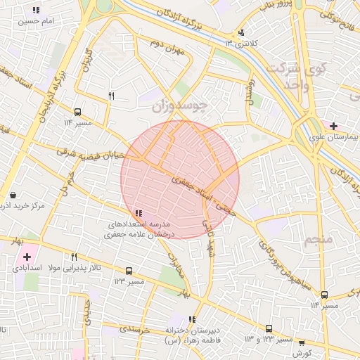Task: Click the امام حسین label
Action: pos(36,22)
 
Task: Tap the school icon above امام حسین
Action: pos(36,11)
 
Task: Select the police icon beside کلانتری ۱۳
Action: pos(242,32)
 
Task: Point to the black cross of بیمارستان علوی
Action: pos(333,126)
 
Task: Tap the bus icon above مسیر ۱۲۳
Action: pos(129,271)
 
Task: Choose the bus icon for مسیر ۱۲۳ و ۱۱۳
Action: pos(269,328)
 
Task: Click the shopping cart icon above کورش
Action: pos(302,343)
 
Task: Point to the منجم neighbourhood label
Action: pos(317,241)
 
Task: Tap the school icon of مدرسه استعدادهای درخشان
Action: pos(139,212)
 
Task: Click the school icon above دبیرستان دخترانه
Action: pos(192,320)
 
